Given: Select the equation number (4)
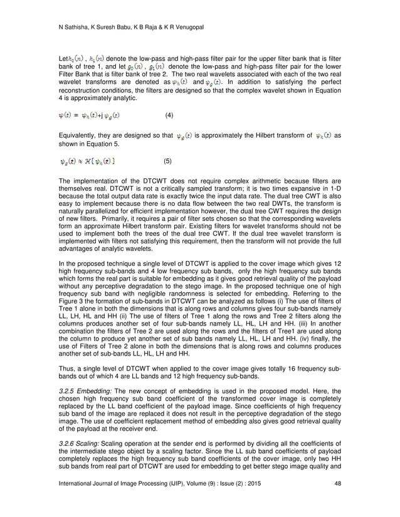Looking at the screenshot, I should [x=169, y=116].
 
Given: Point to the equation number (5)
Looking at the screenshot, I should [x=167, y=161].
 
